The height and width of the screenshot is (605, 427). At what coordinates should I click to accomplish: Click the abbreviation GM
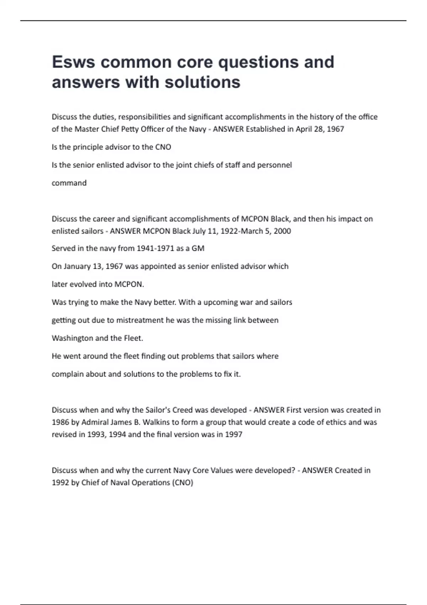click(198, 248)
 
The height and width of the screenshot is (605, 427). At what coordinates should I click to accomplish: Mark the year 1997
click(233, 434)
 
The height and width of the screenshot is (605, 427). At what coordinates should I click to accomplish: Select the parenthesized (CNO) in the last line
click(183, 483)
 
